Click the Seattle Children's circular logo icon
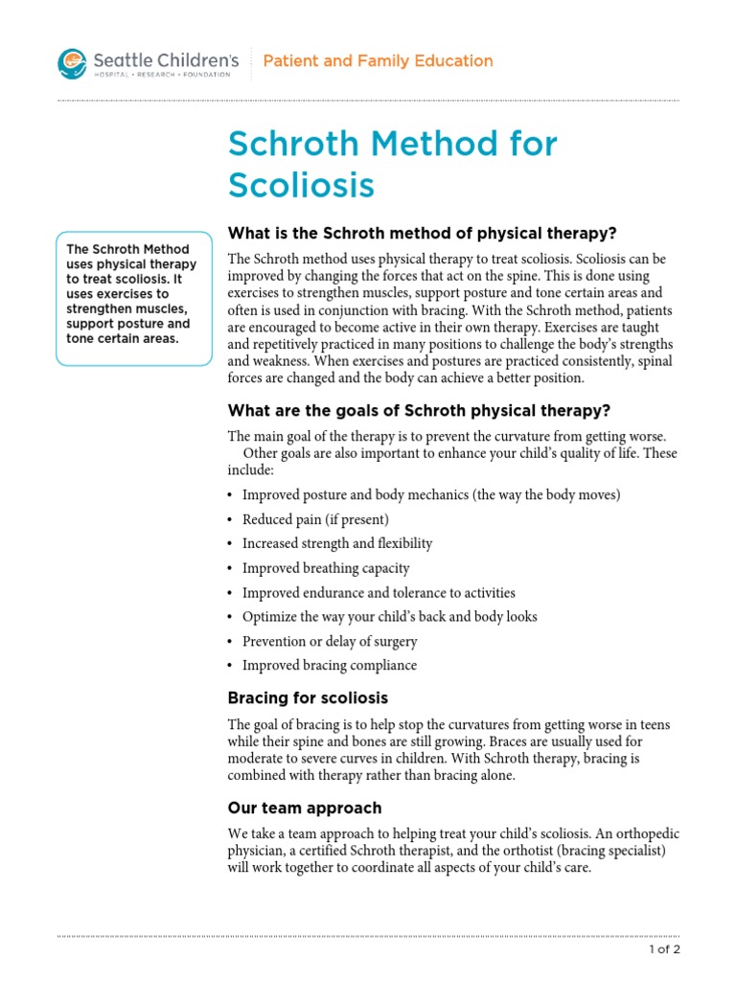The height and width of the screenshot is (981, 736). pos(72,64)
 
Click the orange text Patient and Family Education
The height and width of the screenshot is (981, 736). pos(378,61)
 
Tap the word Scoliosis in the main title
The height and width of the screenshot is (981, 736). pos(301,185)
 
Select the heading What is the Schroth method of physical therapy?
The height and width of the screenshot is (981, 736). pos(422,234)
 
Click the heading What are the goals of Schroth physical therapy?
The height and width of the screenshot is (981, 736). pos(419,411)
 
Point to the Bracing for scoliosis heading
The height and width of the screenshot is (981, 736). pos(308,697)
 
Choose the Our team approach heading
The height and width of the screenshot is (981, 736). pos(304,808)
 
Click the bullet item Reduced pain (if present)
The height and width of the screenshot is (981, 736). pos(315,519)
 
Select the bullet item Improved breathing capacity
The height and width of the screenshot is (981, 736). pos(326,568)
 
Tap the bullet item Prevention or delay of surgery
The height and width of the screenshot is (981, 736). pos(330,641)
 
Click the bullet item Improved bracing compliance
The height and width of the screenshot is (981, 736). pos(329,665)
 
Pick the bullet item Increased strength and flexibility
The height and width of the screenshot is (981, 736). pos(337,543)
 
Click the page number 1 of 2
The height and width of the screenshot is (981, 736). pos(662,950)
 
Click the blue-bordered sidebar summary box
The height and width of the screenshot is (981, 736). pos(133,298)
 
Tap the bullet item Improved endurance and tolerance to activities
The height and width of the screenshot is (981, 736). pos(379,592)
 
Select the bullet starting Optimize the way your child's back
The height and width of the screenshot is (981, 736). pos(389,617)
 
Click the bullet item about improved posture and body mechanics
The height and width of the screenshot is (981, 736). pos(431,494)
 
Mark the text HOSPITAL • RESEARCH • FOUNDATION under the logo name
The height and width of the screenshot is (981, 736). pos(161,75)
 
